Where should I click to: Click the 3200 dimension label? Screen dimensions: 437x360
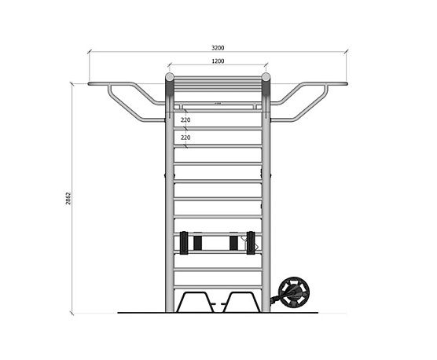coord(218,48)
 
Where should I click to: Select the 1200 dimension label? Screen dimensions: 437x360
coord(218,61)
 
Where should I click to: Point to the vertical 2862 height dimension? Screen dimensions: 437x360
coord(68,198)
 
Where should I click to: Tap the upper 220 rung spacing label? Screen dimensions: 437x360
coord(185,119)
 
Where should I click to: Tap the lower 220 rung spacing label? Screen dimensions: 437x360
coord(185,138)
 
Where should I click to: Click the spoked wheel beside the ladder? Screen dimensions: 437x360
coord(294,292)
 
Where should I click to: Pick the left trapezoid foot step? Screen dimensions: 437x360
coord(196,302)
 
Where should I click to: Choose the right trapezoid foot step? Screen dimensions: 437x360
coord(241,302)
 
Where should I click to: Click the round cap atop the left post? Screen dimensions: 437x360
coord(169,76)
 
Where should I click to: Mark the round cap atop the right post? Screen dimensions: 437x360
coord(266,76)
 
